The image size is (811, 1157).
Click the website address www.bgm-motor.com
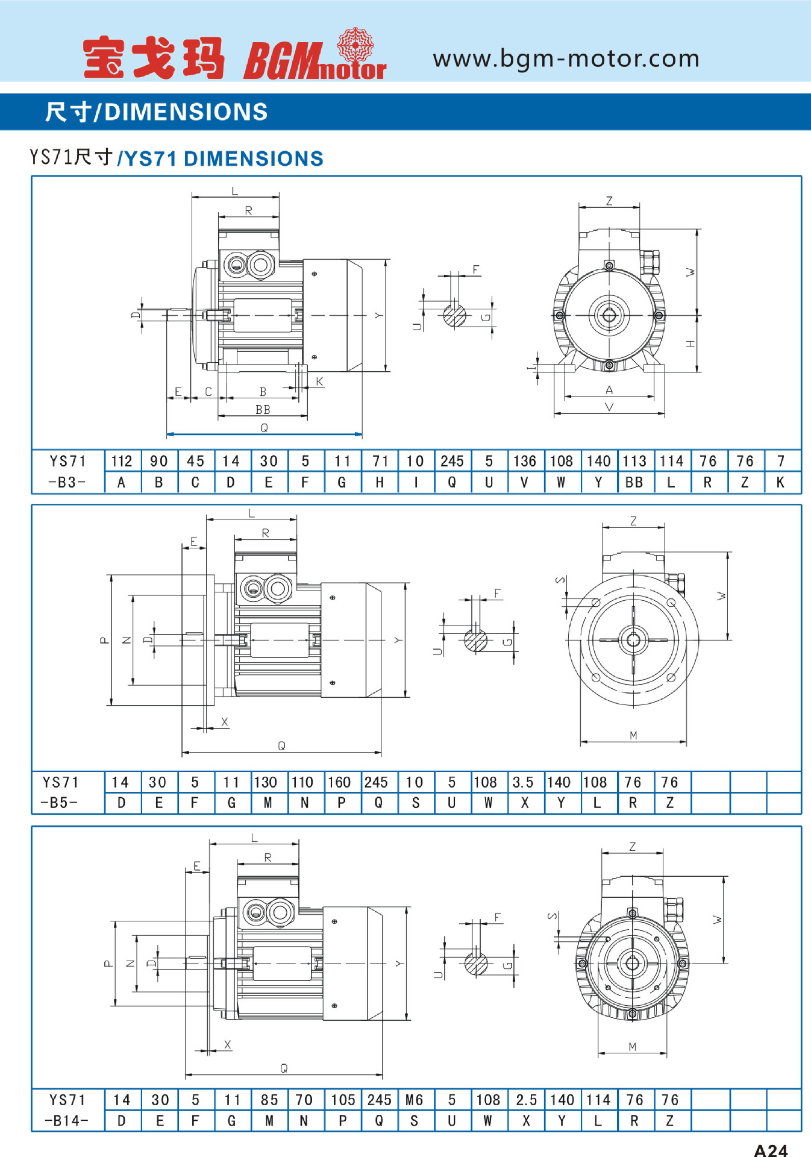(566, 58)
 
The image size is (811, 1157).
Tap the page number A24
(771, 1150)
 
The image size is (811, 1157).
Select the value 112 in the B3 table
(122, 461)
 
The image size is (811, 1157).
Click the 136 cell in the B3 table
(524, 461)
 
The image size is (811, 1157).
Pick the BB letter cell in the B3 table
(634, 482)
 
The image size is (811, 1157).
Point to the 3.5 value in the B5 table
(523, 782)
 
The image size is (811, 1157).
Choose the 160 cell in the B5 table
(339, 782)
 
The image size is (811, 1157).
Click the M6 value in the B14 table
(414, 1100)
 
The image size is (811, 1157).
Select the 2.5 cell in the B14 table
(526, 1100)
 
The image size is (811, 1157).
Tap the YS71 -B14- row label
(67, 1110)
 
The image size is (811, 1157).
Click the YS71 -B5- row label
(60, 792)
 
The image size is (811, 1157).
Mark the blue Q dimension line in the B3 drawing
(264, 434)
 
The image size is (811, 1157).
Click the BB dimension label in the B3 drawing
(263, 410)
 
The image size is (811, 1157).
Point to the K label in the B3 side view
(319, 381)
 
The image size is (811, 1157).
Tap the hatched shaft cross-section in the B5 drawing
(475, 639)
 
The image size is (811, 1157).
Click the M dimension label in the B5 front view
(633, 735)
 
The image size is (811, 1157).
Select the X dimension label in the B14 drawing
(227, 1044)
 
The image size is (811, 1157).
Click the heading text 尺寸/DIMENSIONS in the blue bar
(157, 112)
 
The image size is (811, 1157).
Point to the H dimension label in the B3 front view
(690, 343)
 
